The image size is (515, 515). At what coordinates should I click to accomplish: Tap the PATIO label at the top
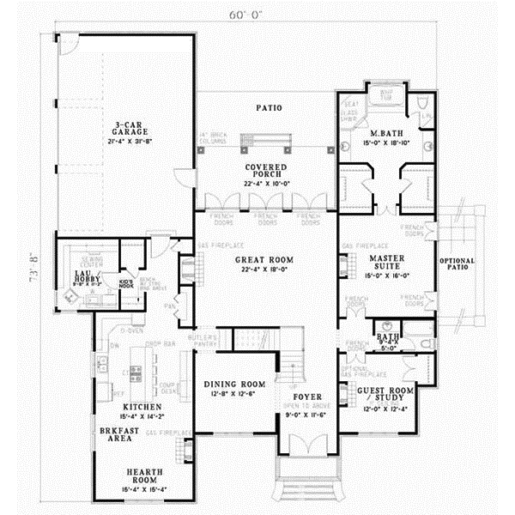tap(269, 108)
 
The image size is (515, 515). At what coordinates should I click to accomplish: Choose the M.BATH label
tap(382, 134)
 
